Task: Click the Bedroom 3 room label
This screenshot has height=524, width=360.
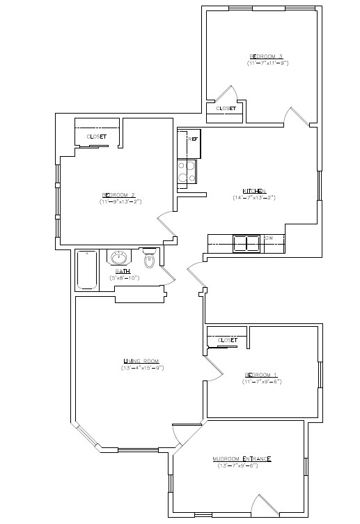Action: tap(266, 56)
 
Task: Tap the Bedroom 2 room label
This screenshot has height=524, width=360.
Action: tap(118, 194)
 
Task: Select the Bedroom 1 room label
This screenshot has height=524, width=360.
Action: tap(260, 374)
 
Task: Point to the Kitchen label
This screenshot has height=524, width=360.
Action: tap(253, 190)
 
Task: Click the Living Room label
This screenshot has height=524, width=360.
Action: tap(143, 360)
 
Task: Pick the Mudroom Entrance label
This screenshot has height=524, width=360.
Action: tap(242, 458)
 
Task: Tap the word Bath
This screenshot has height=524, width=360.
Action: tap(123, 271)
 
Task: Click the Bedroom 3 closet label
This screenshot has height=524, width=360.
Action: tap(226, 109)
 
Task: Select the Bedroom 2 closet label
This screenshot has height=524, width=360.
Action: tap(97, 137)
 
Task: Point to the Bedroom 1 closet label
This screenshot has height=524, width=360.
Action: tap(228, 340)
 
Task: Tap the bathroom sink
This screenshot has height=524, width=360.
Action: tap(118, 257)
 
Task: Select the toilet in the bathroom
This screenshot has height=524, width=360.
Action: tap(148, 260)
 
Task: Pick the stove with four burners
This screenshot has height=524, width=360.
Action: tap(187, 171)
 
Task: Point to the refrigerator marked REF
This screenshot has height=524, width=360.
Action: tap(191, 139)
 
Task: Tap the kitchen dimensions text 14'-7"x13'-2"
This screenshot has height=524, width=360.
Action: tap(254, 197)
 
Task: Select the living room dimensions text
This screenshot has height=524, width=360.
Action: tap(143, 367)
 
